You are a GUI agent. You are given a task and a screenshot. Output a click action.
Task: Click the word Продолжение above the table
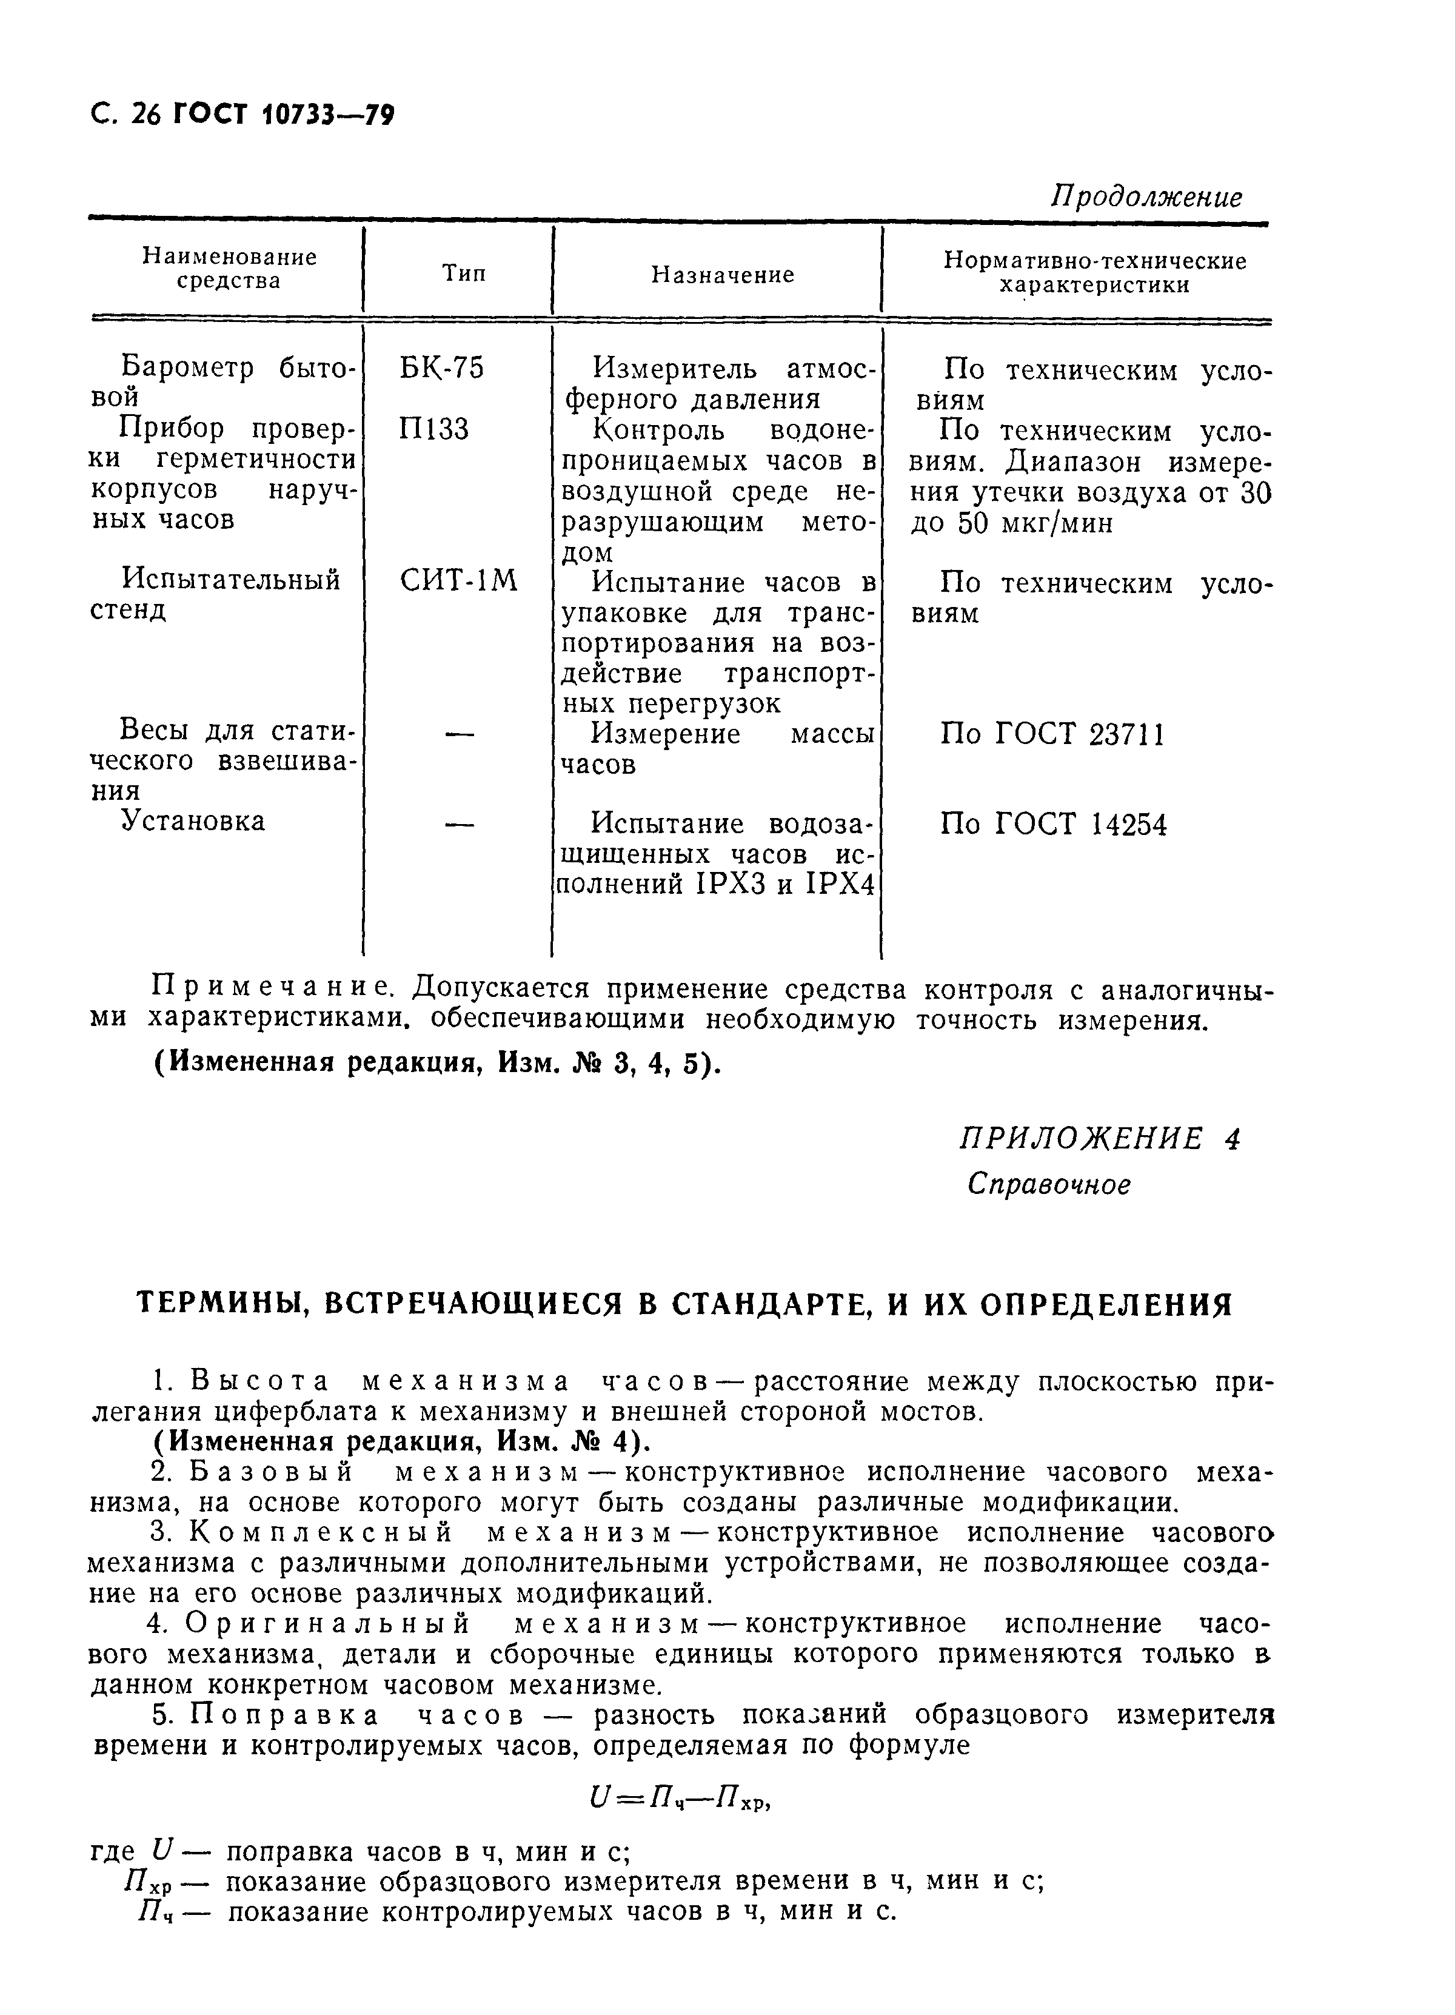click(x=1146, y=196)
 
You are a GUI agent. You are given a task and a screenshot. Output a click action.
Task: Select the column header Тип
click(x=464, y=273)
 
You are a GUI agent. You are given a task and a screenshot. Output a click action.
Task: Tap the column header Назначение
click(x=722, y=275)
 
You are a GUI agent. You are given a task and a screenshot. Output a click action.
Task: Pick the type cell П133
click(x=433, y=429)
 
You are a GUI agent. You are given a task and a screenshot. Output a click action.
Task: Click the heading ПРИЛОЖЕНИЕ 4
click(x=1100, y=1138)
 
